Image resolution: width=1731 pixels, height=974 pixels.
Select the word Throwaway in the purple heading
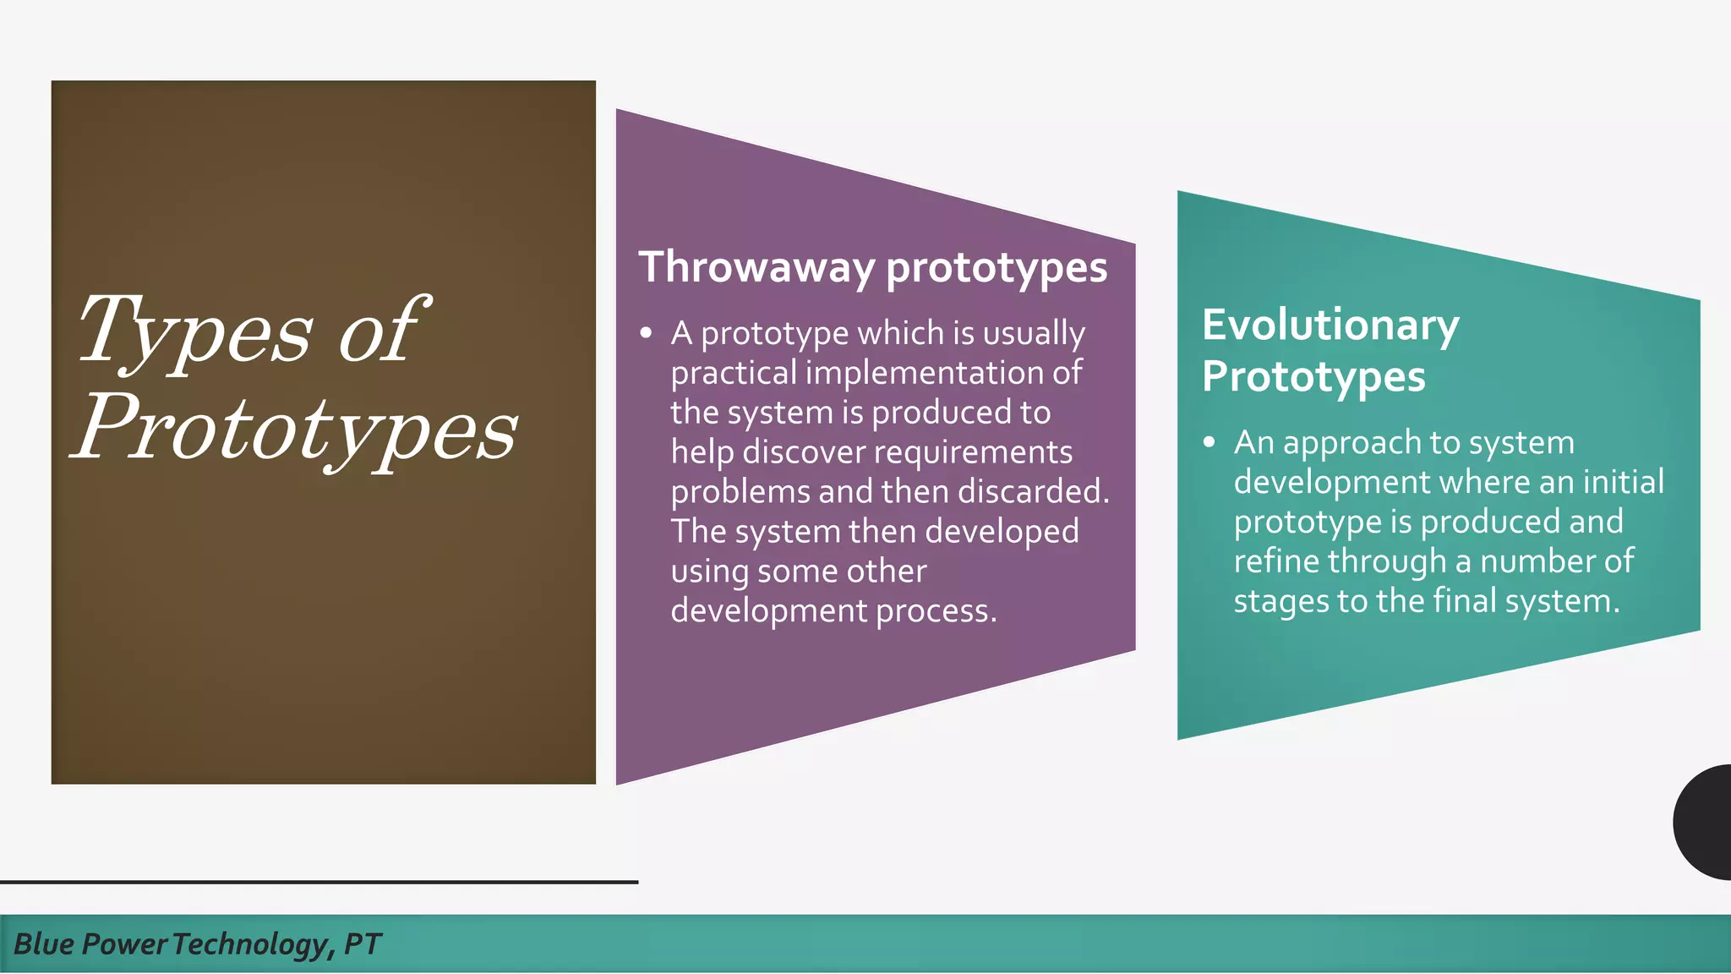pyautogui.click(x=756, y=267)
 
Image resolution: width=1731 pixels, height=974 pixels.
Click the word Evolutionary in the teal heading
pyautogui.click(x=1330, y=326)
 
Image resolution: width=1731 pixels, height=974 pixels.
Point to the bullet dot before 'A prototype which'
pyautogui.click(x=647, y=333)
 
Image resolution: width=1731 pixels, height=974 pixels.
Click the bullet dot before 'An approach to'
pyautogui.click(x=1210, y=442)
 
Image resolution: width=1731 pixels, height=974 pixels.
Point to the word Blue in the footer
pyautogui.click(x=44, y=944)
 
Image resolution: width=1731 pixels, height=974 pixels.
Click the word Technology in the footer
pyautogui.click(x=248, y=944)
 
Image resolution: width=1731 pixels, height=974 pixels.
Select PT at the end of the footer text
pyautogui.click(x=363, y=944)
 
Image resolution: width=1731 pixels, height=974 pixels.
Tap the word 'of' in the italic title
pyautogui.click(x=380, y=331)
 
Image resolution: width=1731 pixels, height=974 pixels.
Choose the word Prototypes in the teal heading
pyautogui.click(x=1313, y=377)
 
